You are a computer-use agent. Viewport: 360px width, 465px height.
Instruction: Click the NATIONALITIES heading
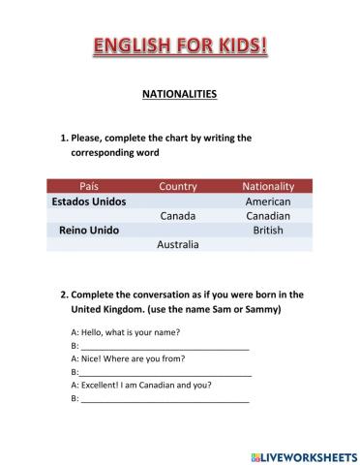(180, 95)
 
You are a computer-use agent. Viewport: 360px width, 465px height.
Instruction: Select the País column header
(88, 186)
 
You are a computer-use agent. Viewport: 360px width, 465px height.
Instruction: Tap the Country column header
(178, 186)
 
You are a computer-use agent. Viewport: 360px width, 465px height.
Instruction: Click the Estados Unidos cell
(88, 201)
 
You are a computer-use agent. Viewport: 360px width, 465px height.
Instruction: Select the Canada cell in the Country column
(178, 216)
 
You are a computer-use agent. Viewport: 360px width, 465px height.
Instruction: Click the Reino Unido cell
(88, 231)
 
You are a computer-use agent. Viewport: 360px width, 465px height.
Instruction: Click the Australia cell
(178, 245)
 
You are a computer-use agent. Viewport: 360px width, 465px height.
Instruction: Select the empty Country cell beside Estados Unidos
(178, 201)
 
